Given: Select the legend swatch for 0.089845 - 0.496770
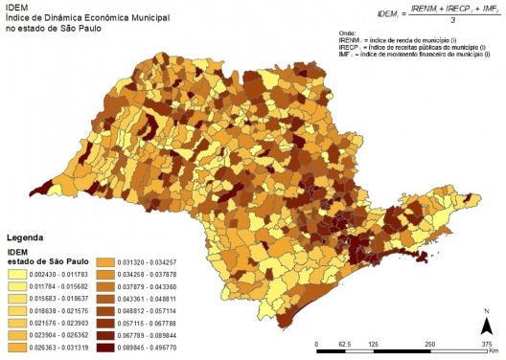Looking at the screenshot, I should [x=132, y=350].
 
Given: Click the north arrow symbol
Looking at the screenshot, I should [x=487, y=323].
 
